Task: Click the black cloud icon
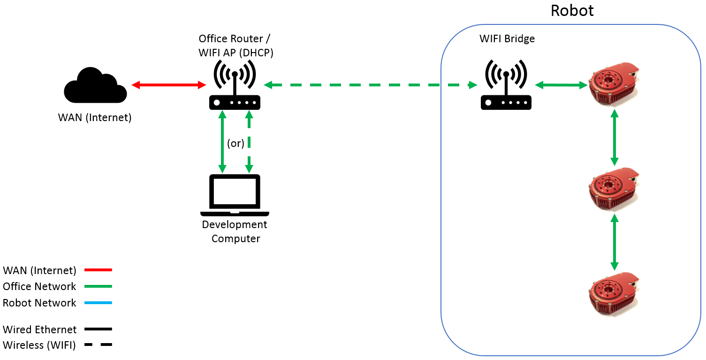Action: point(95,86)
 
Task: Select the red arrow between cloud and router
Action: point(169,85)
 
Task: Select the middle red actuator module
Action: point(614,190)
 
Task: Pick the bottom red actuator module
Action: point(614,295)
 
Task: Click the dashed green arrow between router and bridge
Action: point(371,85)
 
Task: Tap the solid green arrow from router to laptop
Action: point(222,141)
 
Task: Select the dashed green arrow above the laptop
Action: point(249,141)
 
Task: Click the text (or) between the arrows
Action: point(235,143)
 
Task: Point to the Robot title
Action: point(572,10)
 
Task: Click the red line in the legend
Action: point(98,270)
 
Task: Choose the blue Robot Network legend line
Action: point(98,303)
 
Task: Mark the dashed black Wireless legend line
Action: point(98,345)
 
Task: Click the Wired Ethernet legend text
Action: point(39,329)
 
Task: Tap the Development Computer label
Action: point(235,231)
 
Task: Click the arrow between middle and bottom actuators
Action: point(614,242)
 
